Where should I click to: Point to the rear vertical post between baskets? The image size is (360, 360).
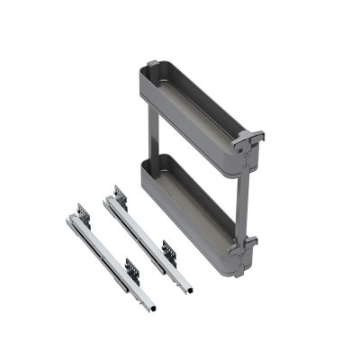click(x=151, y=126)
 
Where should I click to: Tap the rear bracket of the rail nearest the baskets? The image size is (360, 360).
click(x=118, y=195)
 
